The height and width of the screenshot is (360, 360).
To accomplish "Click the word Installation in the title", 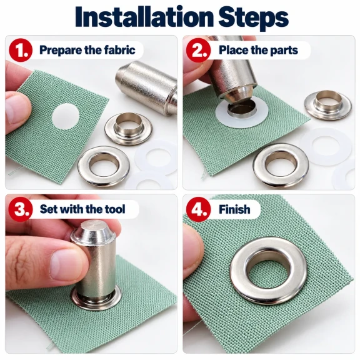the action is click(x=144, y=17).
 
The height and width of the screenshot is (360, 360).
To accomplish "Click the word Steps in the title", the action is click(x=253, y=18).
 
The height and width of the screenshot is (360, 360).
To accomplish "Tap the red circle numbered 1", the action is click(x=21, y=50).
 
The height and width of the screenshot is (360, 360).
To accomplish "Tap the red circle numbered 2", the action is click(x=198, y=50).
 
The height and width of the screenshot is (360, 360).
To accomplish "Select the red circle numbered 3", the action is click(x=21, y=209).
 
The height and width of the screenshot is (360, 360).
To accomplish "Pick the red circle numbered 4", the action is click(x=198, y=209).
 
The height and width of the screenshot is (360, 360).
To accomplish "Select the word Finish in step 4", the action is click(x=234, y=209).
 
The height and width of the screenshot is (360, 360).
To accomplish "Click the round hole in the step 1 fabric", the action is click(x=66, y=116).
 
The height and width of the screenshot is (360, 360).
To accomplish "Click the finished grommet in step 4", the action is click(x=268, y=269).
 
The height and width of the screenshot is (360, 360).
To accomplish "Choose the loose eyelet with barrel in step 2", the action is click(x=327, y=105).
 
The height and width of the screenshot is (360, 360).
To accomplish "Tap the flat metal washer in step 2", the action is click(x=281, y=164).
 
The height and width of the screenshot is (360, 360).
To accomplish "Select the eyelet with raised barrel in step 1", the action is click(x=128, y=129).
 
